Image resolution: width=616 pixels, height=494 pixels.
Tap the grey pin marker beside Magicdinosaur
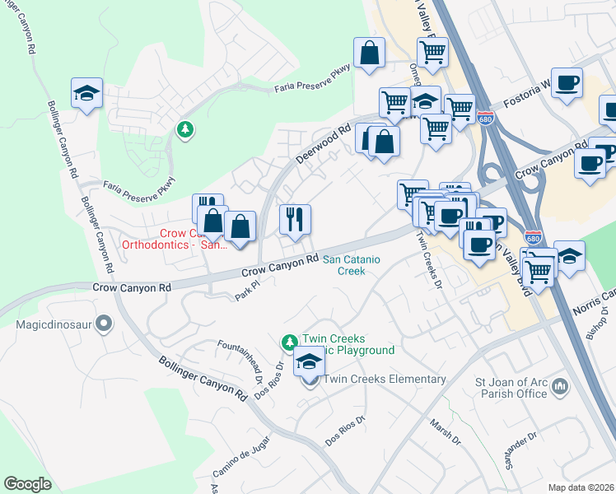(104, 324)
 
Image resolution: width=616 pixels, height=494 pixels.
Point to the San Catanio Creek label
(354, 264)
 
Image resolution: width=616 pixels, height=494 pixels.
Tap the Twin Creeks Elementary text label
(385, 380)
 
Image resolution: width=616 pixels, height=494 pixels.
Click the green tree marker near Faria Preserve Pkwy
(186, 129)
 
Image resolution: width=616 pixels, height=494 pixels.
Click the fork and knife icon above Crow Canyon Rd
(295, 220)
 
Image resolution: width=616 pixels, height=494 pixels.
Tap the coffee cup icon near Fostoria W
(567, 84)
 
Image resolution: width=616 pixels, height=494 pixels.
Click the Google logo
(28, 484)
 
